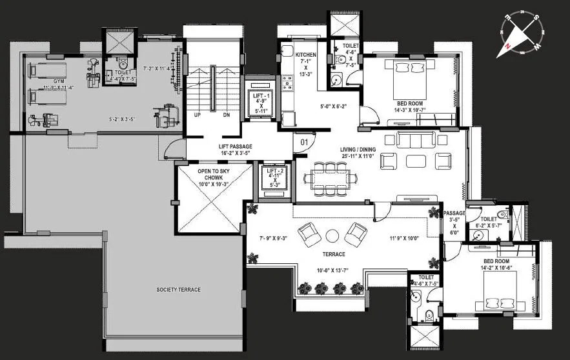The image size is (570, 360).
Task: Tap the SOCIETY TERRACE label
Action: point(178,290)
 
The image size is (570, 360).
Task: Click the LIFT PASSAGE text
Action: point(235,146)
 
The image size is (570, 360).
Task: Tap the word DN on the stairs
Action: point(226,115)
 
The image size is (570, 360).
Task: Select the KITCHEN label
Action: point(305,55)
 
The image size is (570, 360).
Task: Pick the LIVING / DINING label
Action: point(358,150)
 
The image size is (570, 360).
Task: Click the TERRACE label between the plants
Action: point(335,254)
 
